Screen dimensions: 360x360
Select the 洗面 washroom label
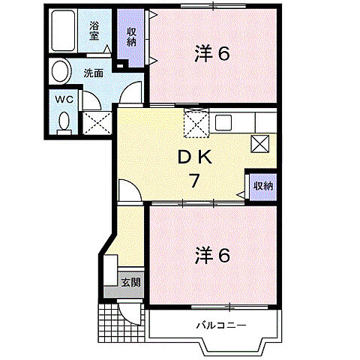94,73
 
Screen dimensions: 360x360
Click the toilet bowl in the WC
62,121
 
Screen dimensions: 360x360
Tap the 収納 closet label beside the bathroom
131,37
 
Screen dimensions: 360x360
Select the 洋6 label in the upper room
212,53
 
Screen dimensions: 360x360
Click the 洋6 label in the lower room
212,256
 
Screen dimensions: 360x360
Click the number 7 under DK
193,180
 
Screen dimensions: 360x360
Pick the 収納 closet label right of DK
262,186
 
